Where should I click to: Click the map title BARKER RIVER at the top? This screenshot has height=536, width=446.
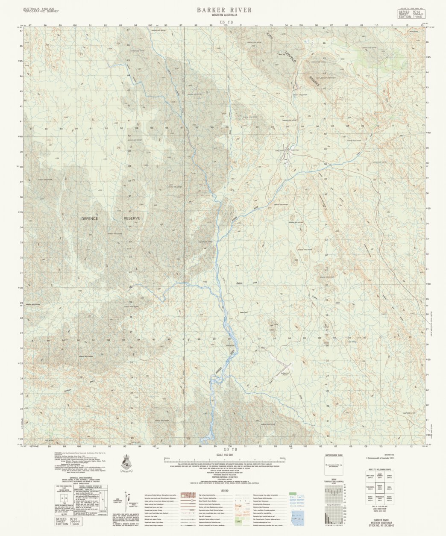(224, 10)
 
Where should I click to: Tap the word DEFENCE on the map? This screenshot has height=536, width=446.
(90, 218)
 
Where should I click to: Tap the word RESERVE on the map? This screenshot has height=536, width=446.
(132, 218)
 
